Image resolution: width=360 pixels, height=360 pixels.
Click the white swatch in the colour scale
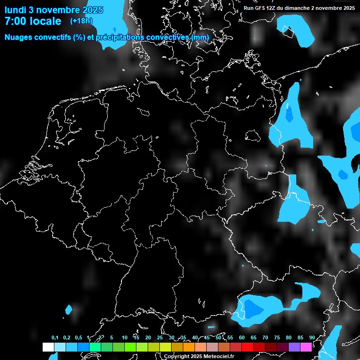(x=48, y=347)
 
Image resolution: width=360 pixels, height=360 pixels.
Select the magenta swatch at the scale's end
(x=306, y=347)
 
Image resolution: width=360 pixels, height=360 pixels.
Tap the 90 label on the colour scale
(x=312, y=337)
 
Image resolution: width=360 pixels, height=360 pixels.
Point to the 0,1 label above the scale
(x=55, y=337)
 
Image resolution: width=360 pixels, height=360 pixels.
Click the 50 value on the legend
(x=218, y=337)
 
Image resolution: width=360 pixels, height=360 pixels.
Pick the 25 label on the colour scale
(x=160, y=337)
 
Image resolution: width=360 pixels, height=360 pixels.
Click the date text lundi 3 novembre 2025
(x=54, y=9)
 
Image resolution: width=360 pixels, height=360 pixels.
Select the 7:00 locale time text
(x=33, y=21)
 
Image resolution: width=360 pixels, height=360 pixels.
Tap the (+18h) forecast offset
(x=81, y=21)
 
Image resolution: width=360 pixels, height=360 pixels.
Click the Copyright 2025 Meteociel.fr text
(x=199, y=356)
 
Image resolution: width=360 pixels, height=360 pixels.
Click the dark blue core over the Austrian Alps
(x=254, y=308)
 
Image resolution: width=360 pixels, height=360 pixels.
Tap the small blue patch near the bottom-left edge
(x=69, y=309)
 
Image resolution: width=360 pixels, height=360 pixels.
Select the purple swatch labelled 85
(x=294, y=347)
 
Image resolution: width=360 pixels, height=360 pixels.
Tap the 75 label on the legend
(x=277, y=337)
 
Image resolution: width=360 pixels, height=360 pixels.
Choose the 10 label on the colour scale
(x=125, y=337)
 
